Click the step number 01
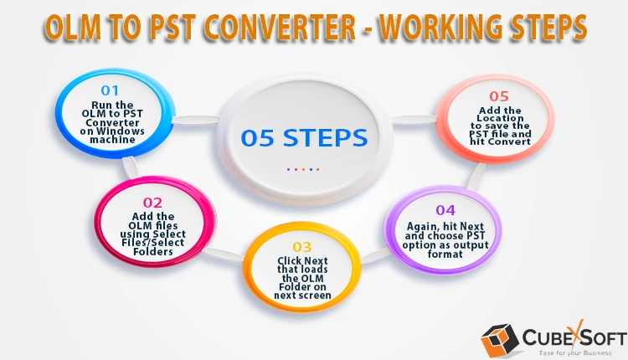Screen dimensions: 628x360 point(110,90)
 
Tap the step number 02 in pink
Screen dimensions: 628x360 point(152,203)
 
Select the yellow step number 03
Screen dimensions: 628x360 point(302,247)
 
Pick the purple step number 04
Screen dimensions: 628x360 point(445,210)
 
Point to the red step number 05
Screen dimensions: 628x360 point(499,96)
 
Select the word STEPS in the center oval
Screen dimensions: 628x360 point(325,138)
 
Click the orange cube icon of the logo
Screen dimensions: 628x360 point(500,340)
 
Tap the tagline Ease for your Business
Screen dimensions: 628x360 point(575,352)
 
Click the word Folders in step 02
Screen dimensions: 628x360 point(153,251)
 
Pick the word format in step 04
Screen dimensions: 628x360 point(445,254)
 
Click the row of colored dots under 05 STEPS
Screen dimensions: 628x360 point(303,169)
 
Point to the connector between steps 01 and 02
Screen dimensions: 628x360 point(130,167)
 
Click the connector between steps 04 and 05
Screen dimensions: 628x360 point(476,175)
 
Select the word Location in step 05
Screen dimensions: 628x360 point(500,118)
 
